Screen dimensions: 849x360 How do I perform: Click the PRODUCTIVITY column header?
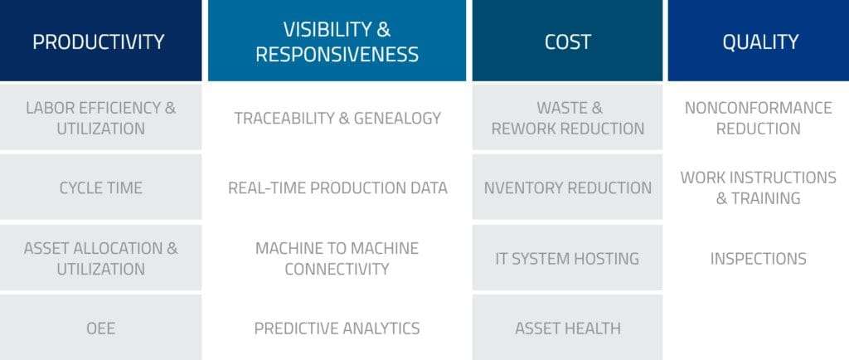[x=100, y=41]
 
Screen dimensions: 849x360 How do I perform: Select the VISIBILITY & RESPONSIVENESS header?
[x=337, y=41]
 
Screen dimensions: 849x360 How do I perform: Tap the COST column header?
[x=567, y=41]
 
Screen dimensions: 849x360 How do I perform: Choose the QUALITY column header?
[x=759, y=41]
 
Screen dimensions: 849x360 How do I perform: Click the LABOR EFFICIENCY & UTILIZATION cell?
[x=100, y=118]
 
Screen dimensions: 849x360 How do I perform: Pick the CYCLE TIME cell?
[x=100, y=187]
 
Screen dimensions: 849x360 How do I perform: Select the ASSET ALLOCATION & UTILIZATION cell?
[x=100, y=258]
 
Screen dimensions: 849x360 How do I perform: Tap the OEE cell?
[x=100, y=328]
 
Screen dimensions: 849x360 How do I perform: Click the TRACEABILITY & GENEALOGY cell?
[x=337, y=118]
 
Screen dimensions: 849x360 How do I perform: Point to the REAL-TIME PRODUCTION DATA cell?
[x=337, y=187]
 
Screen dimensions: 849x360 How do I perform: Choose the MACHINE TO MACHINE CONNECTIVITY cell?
[x=337, y=258]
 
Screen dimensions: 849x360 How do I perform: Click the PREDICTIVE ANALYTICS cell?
[x=337, y=328]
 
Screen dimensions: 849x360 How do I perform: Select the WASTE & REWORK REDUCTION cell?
[x=567, y=118]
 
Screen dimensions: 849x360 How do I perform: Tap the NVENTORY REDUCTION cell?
[x=567, y=187]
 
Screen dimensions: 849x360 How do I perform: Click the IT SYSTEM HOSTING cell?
[x=567, y=258]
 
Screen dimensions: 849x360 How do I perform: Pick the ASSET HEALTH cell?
[x=567, y=328]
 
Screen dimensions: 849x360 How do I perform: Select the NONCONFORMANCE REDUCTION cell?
[x=759, y=118]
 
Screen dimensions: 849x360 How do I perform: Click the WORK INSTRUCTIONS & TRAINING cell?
[x=759, y=187]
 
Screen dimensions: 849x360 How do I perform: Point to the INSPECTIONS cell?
[x=759, y=258]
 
